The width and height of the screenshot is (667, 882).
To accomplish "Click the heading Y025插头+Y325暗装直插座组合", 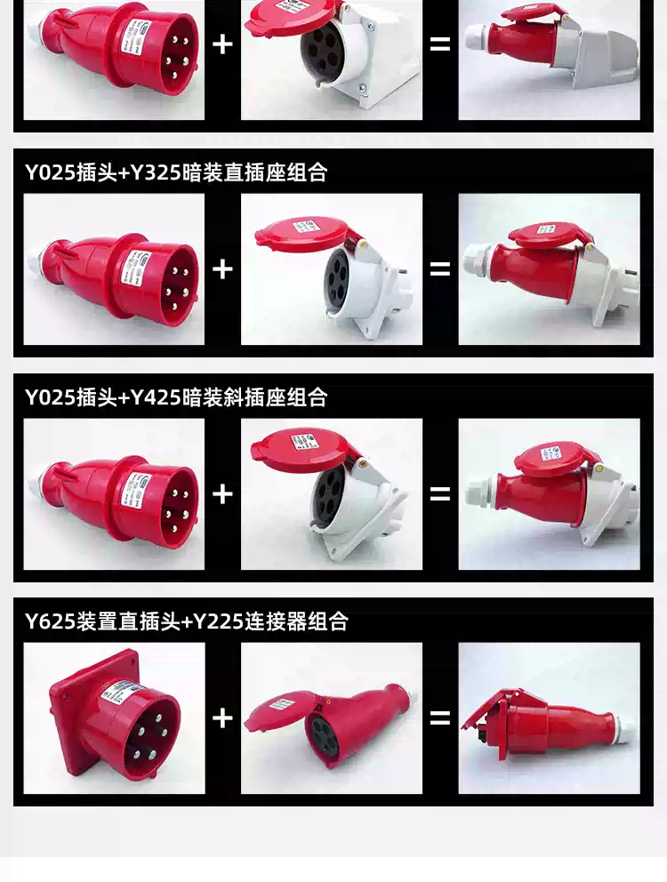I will point(175,172).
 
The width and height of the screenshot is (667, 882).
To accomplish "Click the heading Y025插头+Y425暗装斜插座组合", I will point(175,397).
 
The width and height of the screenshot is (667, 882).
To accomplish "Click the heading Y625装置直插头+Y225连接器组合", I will point(186,621).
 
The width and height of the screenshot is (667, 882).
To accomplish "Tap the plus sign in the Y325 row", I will point(222,269).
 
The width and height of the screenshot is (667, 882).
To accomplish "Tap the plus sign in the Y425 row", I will point(222,493).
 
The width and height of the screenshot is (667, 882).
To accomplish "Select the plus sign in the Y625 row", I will point(222,718).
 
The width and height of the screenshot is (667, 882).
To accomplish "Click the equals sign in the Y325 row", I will point(440,269).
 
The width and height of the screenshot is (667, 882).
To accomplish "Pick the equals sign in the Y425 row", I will point(440,493).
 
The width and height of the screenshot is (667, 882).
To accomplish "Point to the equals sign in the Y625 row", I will point(440,718).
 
